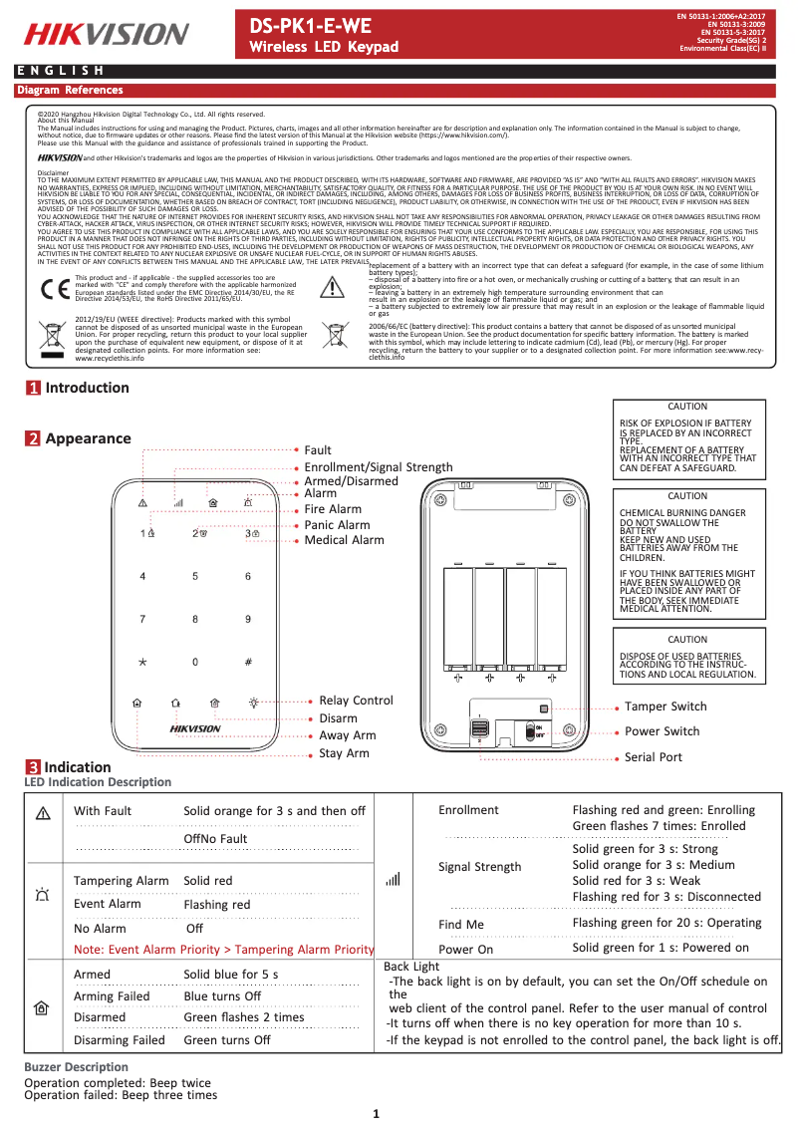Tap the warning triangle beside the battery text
tap(333, 287)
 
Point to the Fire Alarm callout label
tap(333, 509)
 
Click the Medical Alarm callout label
tap(344, 540)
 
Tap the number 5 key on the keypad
tap(195, 576)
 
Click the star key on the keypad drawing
tap(142, 662)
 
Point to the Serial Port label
tap(653, 757)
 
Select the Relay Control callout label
tap(356, 701)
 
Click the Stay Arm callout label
tap(344, 753)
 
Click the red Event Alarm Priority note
tap(223, 950)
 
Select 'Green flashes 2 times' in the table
tap(244, 1017)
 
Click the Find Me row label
tap(461, 925)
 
